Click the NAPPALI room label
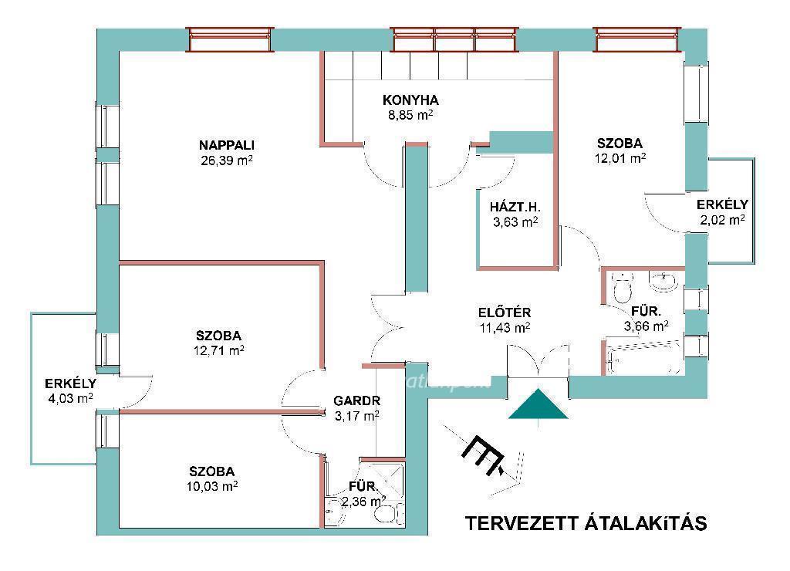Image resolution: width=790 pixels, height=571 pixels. pos(226,145)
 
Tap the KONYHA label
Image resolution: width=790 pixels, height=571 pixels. pos(410,100)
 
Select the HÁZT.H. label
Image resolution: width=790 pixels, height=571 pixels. pos(515,206)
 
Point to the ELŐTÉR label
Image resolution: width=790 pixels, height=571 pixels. pos(504,313)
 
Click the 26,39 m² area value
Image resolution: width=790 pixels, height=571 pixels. pos(226,161)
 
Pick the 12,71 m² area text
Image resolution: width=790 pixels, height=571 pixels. pos(218,351)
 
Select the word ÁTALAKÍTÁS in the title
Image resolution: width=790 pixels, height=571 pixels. pos(646,523)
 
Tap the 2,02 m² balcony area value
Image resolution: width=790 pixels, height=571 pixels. pos(721,220)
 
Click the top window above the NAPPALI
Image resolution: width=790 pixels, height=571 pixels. pos(231,39)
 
